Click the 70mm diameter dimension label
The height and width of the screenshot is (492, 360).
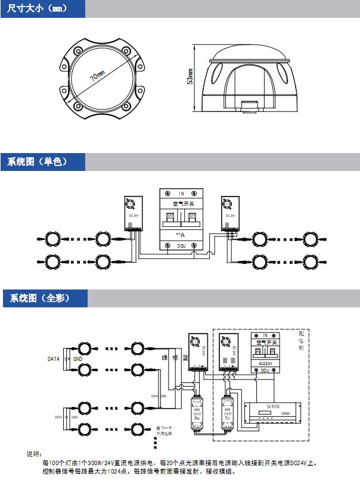point(97,77)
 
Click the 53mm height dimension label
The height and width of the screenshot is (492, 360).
point(190,78)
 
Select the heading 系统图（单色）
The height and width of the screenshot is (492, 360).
point(37,161)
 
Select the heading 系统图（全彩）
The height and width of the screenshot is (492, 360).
point(37,298)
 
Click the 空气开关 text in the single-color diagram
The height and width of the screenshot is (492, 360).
point(181,204)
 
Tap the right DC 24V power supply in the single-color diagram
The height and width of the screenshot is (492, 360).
point(229,213)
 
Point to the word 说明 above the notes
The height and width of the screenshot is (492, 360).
point(33,454)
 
